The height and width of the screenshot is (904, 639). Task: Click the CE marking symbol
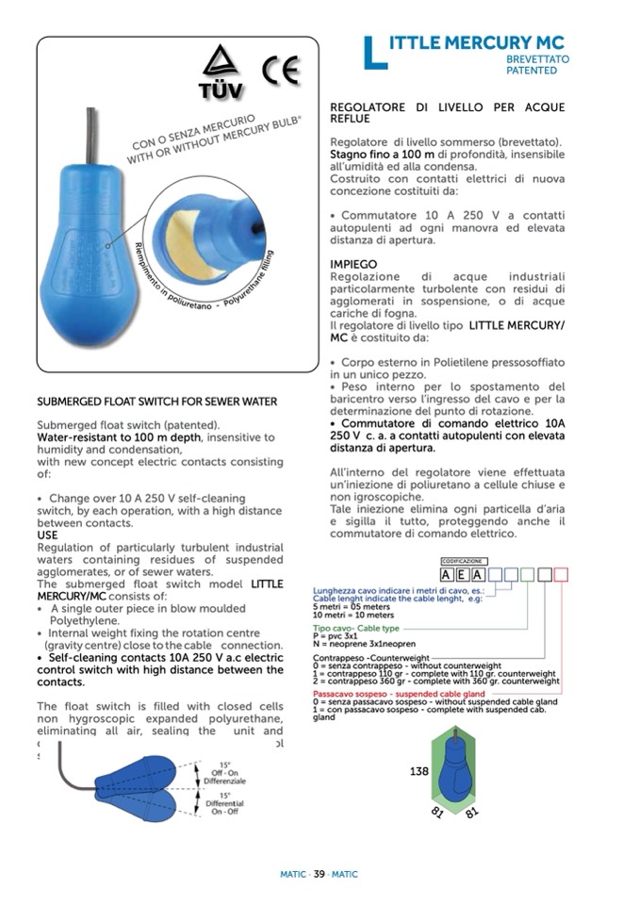[x=280, y=71]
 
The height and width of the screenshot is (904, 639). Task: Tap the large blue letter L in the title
[x=375, y=51]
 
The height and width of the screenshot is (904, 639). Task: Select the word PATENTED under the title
[x=538, y=71]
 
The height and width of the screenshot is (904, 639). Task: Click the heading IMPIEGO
[x=353, y=264]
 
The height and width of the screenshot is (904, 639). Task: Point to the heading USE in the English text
[x=47, y=535]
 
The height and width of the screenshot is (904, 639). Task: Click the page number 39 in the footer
[x=319, y=874]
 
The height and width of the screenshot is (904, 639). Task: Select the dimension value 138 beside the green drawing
[x=419, y=771]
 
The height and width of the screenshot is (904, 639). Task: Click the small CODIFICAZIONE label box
[x=463, y=561]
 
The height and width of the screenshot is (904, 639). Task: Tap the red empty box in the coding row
[x=561, y=575]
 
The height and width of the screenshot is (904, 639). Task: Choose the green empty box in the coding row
[x=528, y=575]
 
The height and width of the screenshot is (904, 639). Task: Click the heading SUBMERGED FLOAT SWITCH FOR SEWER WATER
[x=156, y=402]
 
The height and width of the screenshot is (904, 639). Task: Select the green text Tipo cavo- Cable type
[x=356, y=628]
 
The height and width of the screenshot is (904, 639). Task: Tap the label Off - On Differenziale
[x=225, y=774]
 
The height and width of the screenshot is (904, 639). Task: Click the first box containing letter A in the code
[x=448, y=575]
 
